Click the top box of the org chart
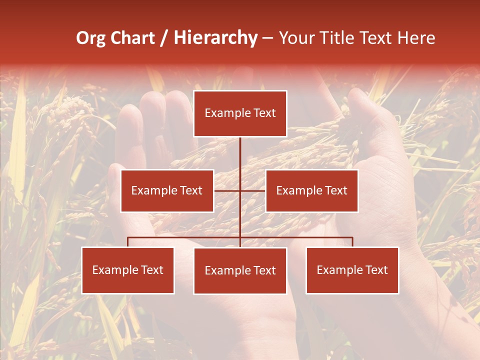[x=240, y=113]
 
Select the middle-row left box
[x=167, y=190]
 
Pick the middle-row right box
[x=311, y=190]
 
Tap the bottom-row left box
[x=128, y=270]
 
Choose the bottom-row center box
[x=240, y=270]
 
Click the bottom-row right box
[x=352, y=270]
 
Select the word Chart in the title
[x=132, y=38]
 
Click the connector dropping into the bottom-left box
[x=128, y=242]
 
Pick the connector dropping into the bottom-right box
[x=352, y=242]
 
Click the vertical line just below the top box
[x=240, y=150]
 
